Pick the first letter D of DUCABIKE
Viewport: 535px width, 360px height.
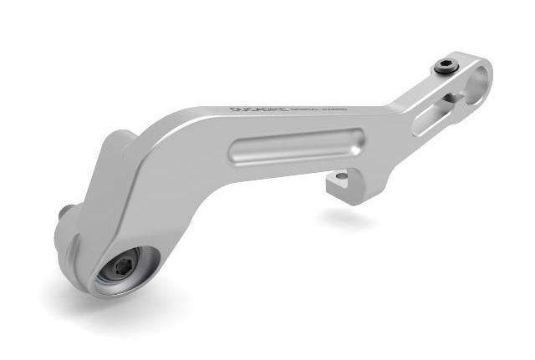click(233, 109)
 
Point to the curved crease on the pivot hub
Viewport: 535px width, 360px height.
click(77, 251)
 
